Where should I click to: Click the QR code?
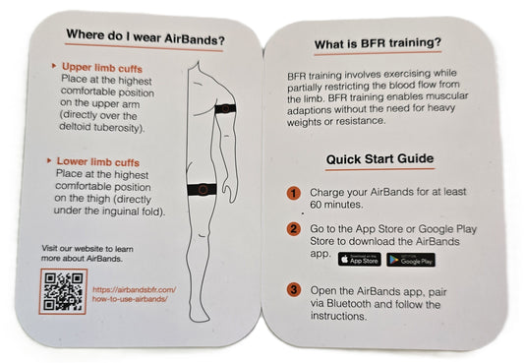65,291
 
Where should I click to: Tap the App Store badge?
358,259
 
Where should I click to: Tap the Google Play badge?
410,259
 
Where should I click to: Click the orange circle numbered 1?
293,193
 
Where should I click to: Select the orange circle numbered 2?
293,228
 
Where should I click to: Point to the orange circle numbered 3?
293,290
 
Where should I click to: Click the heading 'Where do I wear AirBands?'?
144,38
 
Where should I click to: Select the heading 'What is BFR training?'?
377,43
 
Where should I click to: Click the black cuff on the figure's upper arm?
223,110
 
